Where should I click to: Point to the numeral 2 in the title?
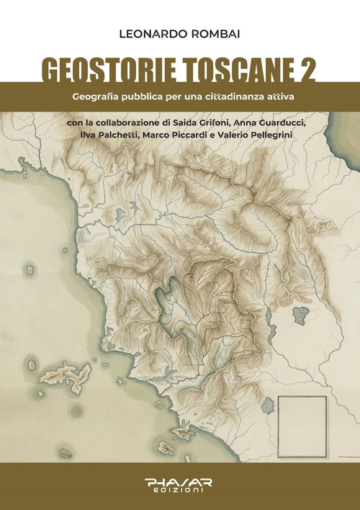[307, 71]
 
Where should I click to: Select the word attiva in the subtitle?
[276, 97]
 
